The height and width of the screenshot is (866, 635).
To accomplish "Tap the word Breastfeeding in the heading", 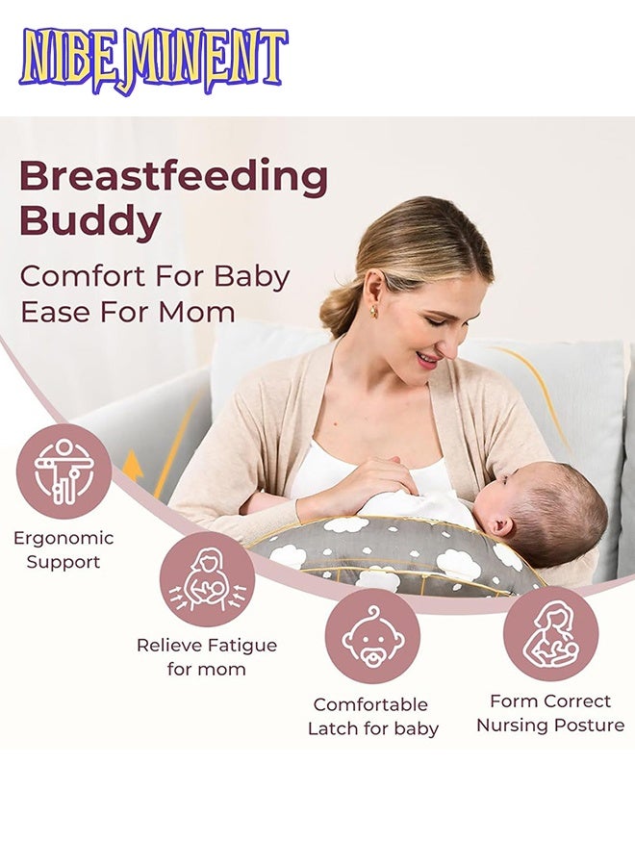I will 173,177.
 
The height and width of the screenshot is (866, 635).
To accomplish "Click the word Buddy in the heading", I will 90,221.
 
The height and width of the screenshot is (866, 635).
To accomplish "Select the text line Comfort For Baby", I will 154,276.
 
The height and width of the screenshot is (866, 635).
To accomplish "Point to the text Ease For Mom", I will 127,312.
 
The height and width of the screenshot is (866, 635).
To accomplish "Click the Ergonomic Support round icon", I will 63,471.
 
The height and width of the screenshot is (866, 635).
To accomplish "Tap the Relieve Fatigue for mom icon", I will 207,579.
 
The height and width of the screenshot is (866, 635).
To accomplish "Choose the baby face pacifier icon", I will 372,635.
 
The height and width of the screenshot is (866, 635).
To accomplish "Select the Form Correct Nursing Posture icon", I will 550,633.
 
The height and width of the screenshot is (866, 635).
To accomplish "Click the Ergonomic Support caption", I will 63,549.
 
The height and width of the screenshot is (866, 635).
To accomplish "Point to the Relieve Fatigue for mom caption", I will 207,656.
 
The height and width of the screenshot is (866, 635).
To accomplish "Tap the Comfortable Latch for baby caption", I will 372,717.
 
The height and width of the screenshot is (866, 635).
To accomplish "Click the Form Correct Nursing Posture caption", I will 550,713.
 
